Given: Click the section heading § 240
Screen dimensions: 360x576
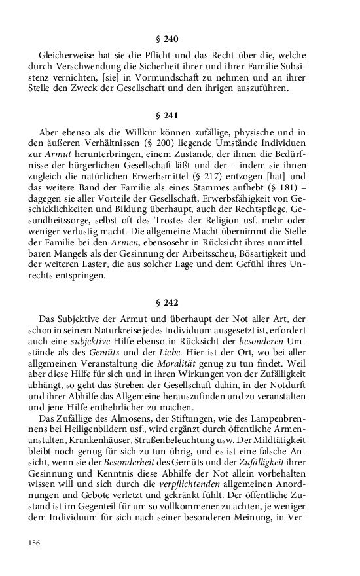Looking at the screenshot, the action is (180, 39).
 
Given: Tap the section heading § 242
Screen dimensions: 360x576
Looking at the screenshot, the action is (180, 302).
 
